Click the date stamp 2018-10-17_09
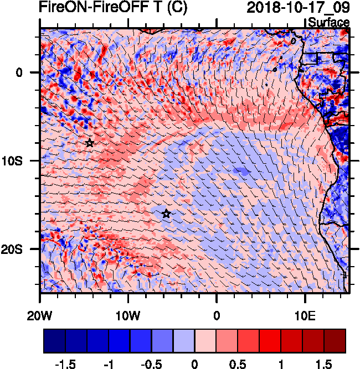tap(298, 8)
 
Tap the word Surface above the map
tap(328, 23)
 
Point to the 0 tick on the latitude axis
tap(19, 72)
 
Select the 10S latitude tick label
tap(19, 161)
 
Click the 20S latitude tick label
tap(19, 250)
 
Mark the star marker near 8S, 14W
tap(90, 143)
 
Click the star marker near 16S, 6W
tap(166, 214)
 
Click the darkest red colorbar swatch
tap(335, 341)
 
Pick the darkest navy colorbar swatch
tap(54, 341)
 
